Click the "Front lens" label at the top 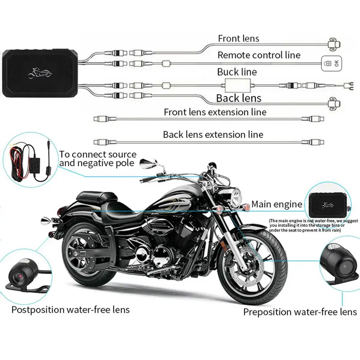pyautogui.click(x=238, y=38)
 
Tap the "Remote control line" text pyautogui.click(x=259, y=55)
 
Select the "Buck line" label pyautogui.click(x=237, y=72)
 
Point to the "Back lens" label pyautogui.click(x=238, y=98)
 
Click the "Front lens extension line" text pyautogui.click(x=215, y=112)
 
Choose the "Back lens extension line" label pyautogui.click(x=213, y=135)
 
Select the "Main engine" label pyautogui.click(x=277, y=205)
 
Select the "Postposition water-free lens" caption pyautogui.click(x=70, y=309)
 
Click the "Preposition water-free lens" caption pyautogui.click(x=300, y=312)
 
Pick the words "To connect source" pyautogui.click(x=98, y=155)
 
